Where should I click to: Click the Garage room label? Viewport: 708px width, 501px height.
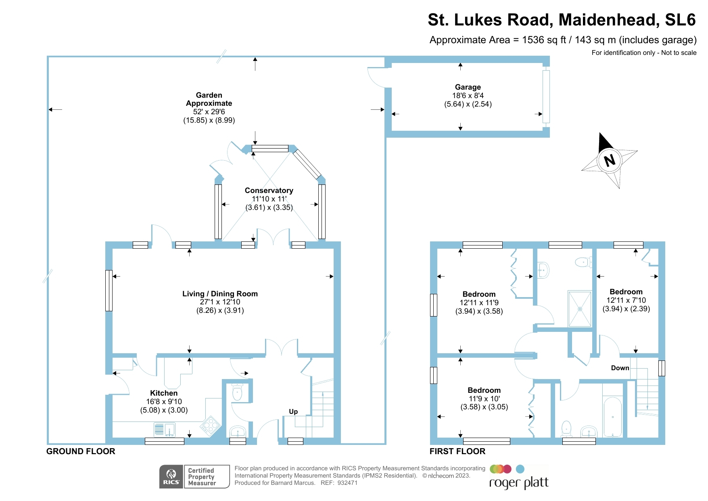(x=468, y=87)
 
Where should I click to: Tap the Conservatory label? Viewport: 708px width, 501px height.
(x=269, y=191)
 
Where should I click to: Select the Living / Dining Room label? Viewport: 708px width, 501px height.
(x=220, y=294)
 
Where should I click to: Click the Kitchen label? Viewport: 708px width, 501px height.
(x=164, y=393)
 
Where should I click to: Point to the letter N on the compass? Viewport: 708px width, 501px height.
(x=609, y=160)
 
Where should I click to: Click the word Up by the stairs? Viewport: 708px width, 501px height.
(x=293, y=412)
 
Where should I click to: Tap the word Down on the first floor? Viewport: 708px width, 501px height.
(x=620, y=368)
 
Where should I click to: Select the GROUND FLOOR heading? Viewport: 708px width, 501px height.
(x=81, y=451)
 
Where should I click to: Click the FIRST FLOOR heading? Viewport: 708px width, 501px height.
(x=457, y=451)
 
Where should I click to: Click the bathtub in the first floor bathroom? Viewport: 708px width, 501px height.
(x=612, y=417)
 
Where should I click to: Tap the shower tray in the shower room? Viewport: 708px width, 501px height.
(x=580, y=309)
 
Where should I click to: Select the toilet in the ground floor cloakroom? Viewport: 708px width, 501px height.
(x=237, y=393)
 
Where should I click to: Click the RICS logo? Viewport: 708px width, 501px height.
(x=171, y=477)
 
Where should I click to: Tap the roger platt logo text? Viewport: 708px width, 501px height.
(x=519, y=483)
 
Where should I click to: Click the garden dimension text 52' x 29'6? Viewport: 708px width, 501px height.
(x=209, y=112)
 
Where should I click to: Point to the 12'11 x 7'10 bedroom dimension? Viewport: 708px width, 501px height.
(x=626, y=300)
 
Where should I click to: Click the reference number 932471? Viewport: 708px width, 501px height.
(x=347, y=483)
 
